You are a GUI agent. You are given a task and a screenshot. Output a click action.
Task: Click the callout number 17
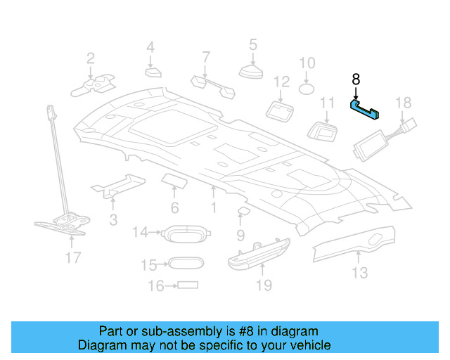[73, 258]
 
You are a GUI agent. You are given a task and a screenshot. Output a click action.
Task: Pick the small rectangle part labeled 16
[188, 285]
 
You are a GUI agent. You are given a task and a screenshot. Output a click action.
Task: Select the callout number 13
[359, 272]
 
